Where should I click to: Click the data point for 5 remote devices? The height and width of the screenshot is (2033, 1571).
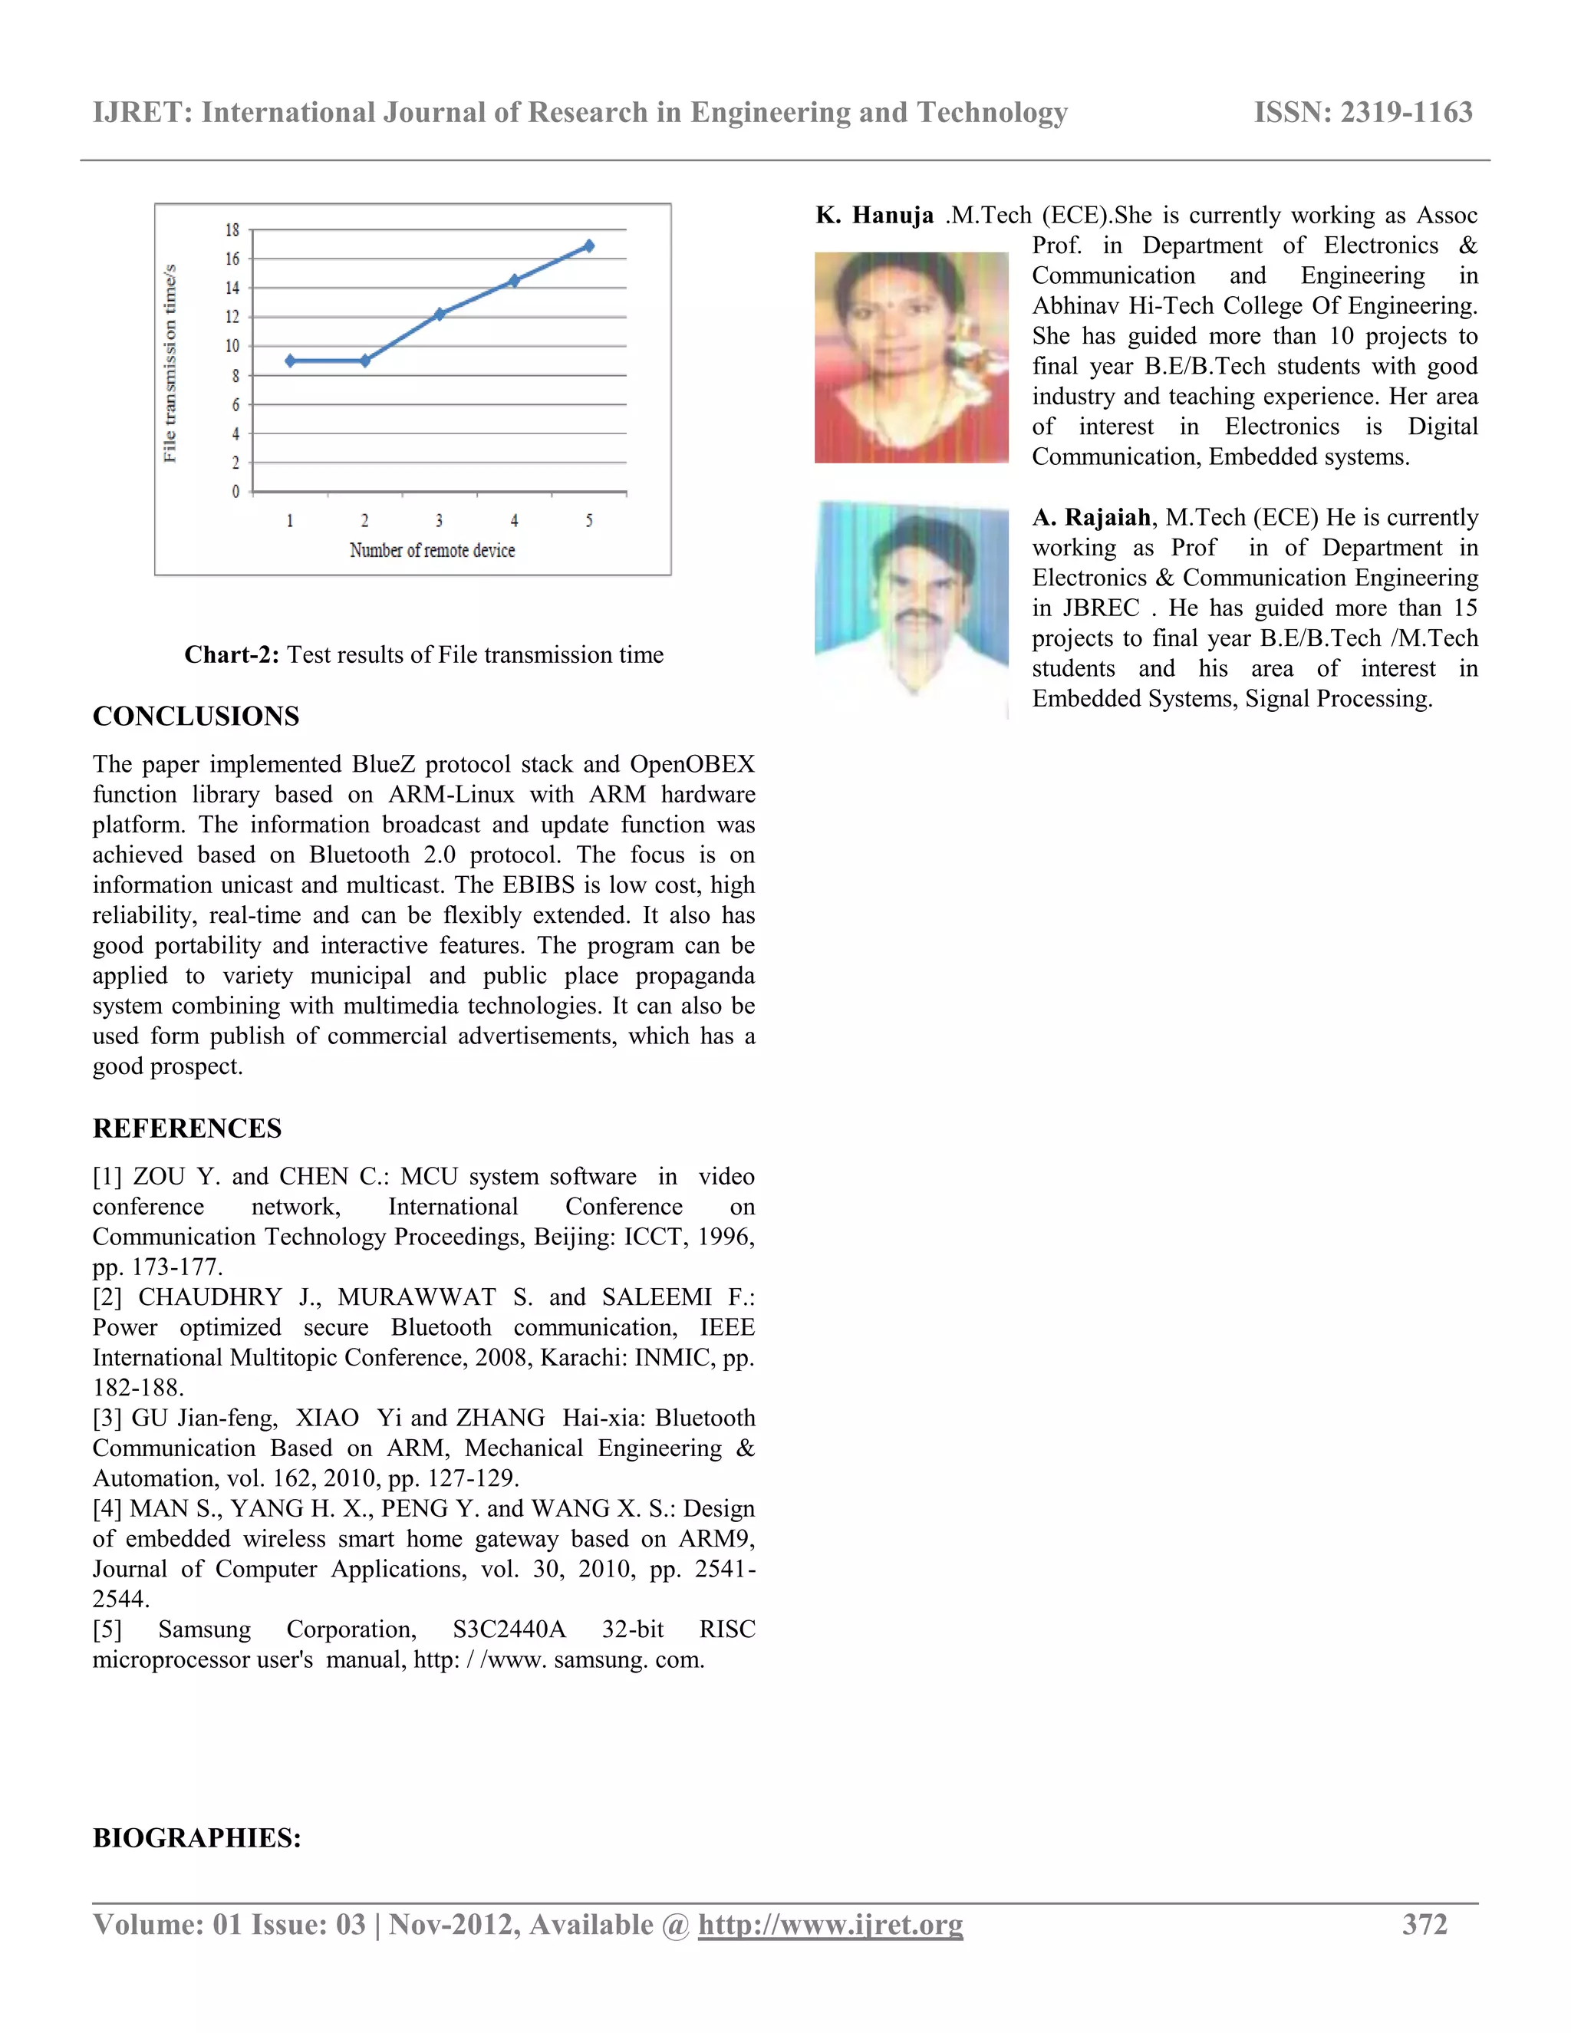[589, 245]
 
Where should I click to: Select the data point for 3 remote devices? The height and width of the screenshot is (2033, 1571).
[440, 314]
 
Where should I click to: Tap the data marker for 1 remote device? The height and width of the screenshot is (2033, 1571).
[291, 361]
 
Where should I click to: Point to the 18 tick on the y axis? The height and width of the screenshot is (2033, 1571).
[232, 230]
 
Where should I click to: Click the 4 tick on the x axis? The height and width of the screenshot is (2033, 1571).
[514, 520]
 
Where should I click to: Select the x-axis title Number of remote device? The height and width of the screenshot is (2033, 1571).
[432, 550]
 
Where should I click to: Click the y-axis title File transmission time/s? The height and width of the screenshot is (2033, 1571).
[170, 363]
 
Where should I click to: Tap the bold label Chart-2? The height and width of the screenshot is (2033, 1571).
[232, 654]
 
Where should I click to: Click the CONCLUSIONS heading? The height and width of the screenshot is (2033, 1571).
[196, 716]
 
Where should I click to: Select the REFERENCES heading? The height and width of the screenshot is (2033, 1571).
[187, 1129]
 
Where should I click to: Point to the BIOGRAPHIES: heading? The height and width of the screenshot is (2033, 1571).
[196, 1837]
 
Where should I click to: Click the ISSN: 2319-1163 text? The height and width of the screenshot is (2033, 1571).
[1362, 113]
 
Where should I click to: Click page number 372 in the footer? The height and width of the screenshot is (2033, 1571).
[1424, 1924]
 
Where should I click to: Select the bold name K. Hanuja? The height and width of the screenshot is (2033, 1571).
[874, 215]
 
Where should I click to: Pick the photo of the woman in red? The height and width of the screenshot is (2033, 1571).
[911, 358]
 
